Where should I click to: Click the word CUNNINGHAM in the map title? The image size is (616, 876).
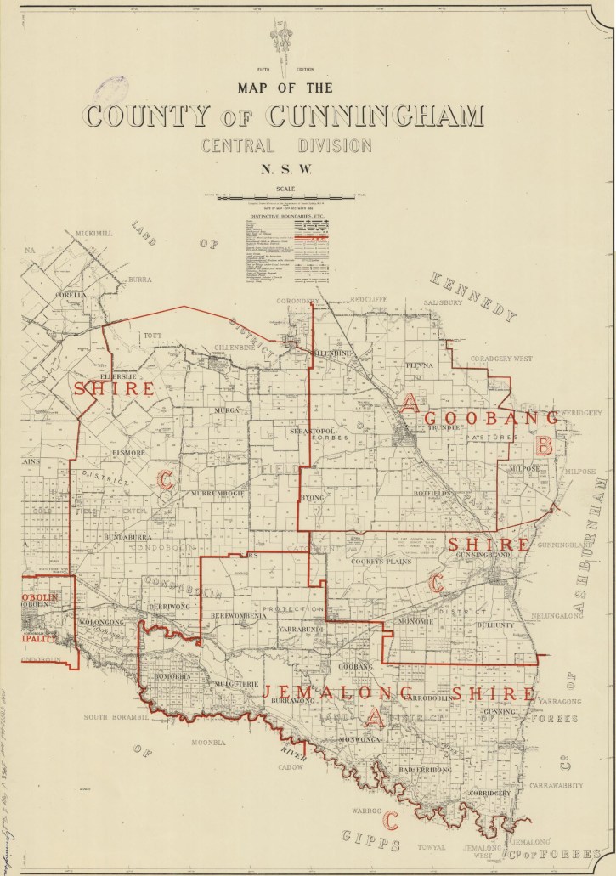(x=375, y=116)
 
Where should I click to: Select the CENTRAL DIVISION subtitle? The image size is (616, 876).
(x=286, y=145)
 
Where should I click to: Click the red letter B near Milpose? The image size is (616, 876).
(x=545, y=444)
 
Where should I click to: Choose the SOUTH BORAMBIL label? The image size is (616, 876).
(x=116, y=717)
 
